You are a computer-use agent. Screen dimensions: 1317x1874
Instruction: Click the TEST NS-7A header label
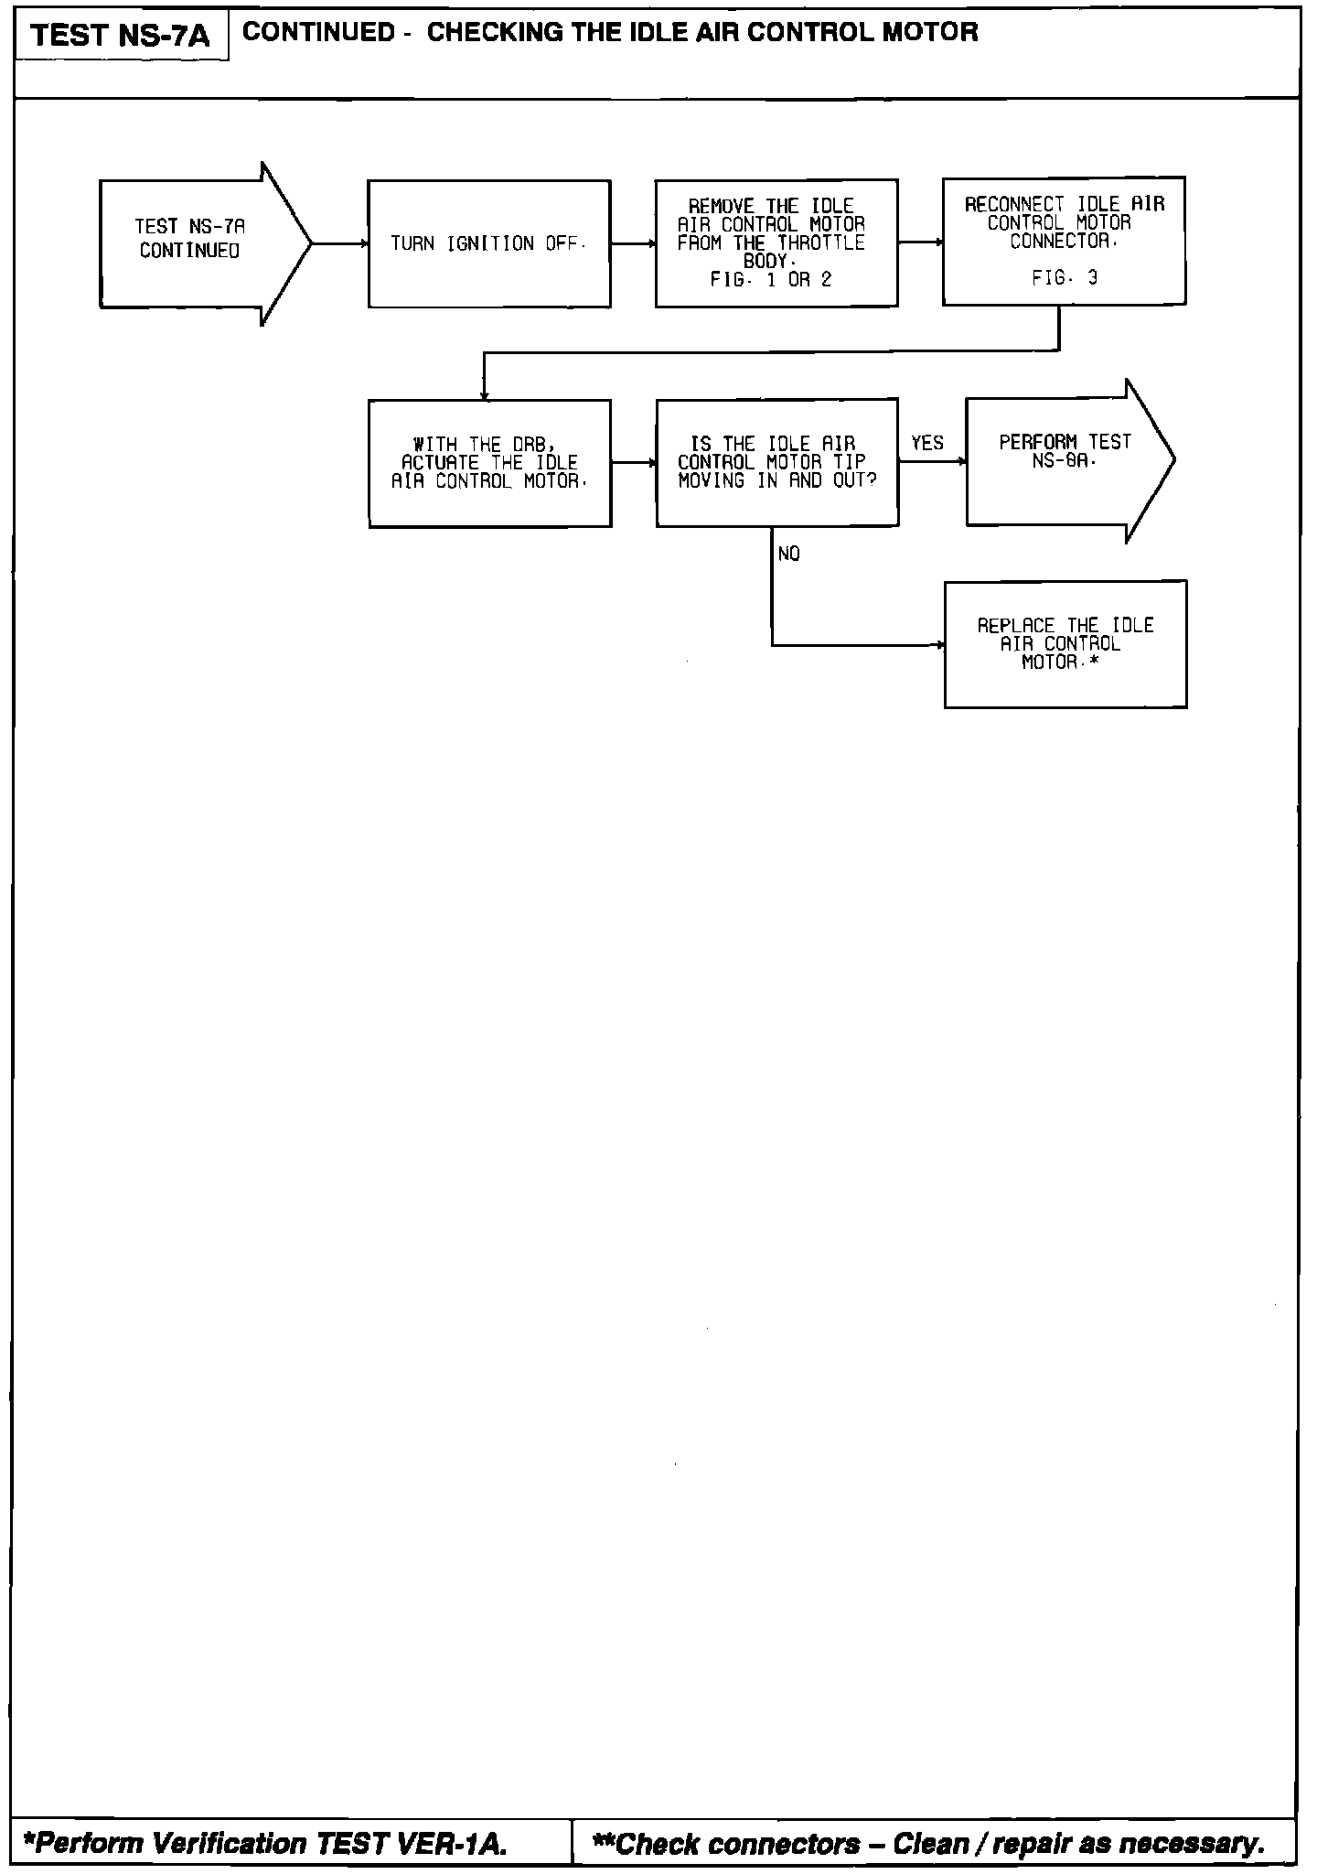click(x=120, y=36)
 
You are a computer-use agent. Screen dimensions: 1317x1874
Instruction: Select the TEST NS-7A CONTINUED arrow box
click(x=192, y=243)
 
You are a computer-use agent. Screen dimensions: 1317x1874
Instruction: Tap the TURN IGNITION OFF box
click(x=488, y=243)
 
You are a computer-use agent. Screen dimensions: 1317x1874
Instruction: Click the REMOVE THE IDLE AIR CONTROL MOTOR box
click(x=776, y=242)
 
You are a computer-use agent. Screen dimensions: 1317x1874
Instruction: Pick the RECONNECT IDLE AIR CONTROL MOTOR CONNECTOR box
click(x=1064, y=240)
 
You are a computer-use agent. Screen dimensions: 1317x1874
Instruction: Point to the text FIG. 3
click(x=1065, y=278)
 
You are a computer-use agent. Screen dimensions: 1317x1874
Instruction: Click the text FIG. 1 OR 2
click(x=771, y=280)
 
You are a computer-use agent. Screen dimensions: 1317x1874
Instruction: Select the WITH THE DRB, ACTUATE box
click(x=489, y=463)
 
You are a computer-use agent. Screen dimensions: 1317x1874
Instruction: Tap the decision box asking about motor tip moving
click(x=776, y=462)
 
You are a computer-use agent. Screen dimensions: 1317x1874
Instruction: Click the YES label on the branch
click(x=926, y=444)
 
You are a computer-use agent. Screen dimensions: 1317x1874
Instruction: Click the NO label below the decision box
click(x=788, y=555)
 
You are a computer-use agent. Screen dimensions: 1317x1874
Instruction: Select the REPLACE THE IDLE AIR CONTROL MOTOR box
click(x=1065, y=643)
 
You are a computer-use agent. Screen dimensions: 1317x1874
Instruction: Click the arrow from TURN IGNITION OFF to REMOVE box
click(x=633, y=244)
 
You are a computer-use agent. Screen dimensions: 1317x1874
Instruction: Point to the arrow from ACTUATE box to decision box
click(x=634, y=463)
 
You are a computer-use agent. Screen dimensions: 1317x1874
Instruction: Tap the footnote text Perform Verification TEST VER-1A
click(x=265, y=1843)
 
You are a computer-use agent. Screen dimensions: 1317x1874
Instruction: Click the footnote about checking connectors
click(x=928, y=1843)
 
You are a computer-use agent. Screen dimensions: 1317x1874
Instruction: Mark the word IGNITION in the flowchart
click(x=490, y=243)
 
